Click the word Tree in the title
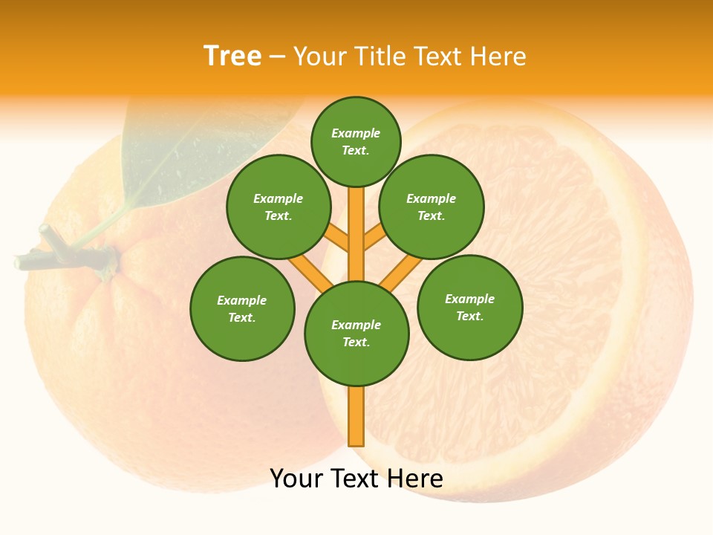232,56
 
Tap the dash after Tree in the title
278,56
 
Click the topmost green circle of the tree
356,141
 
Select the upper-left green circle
278,207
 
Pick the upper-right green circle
432,207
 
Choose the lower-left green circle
242,308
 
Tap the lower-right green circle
469,307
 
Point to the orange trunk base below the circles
356,416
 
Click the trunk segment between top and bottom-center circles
356,234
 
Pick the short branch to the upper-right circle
374,239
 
